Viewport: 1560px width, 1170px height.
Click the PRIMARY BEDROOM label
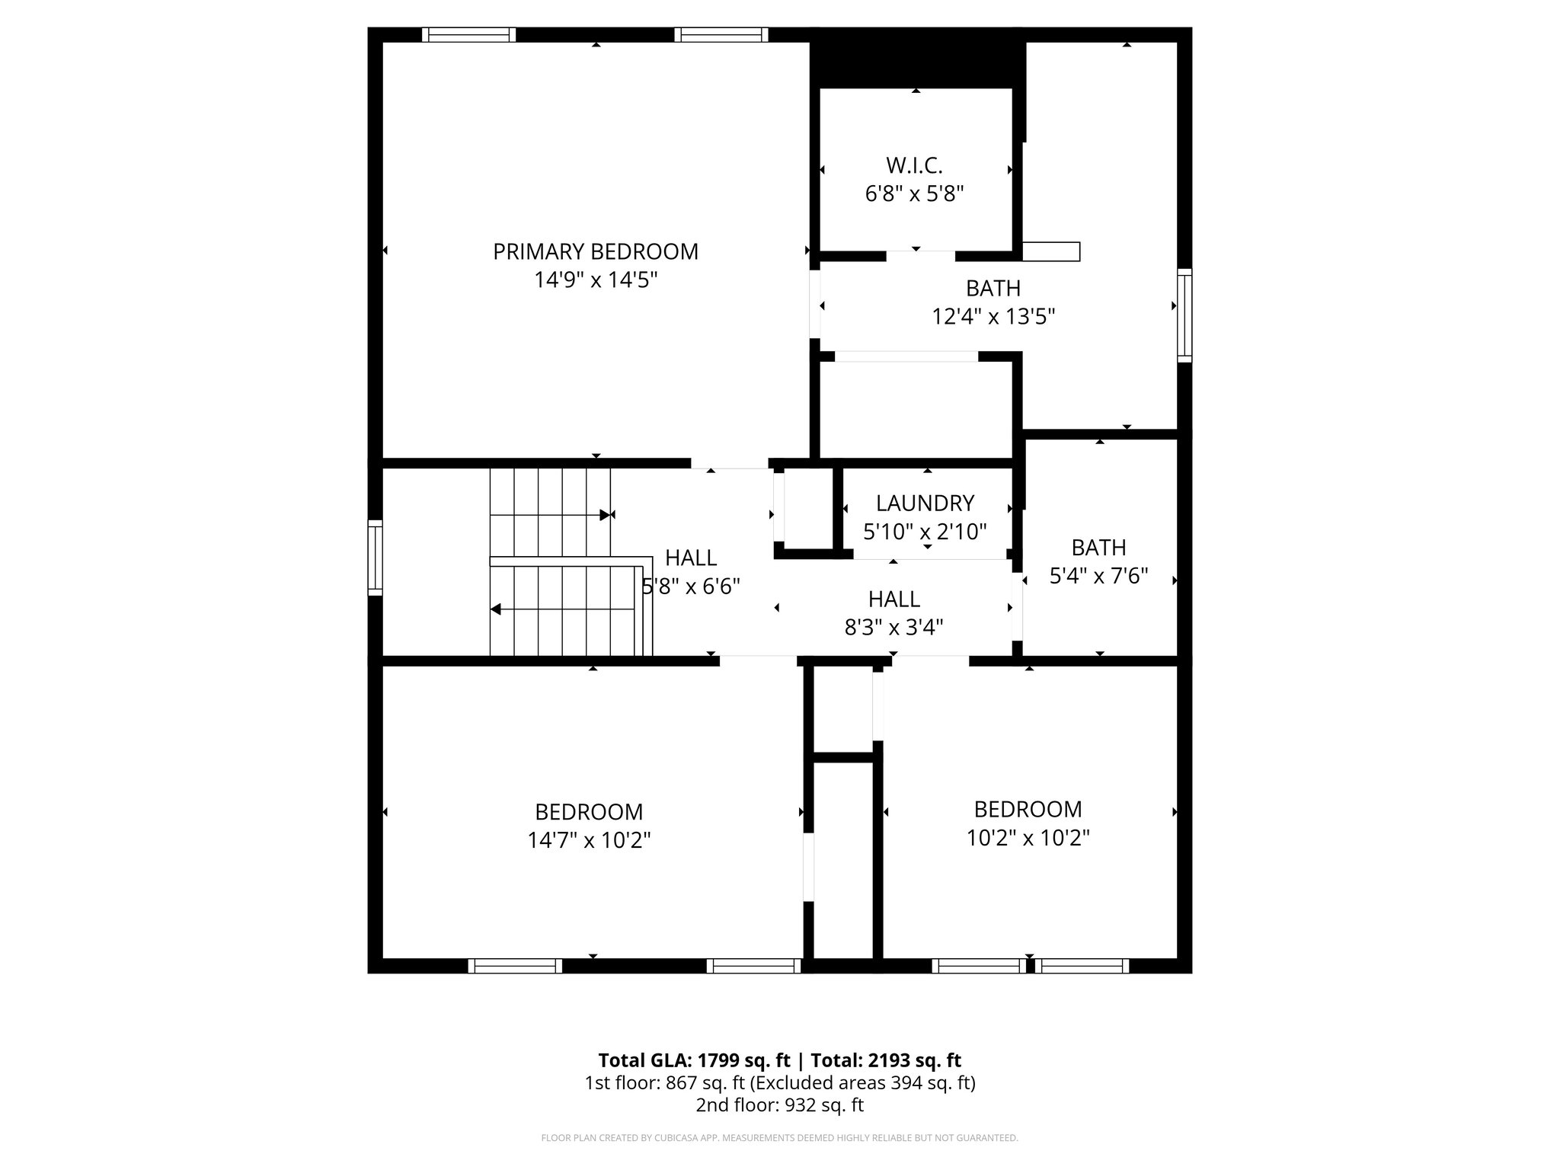pyautogui.click(x=595, y=251)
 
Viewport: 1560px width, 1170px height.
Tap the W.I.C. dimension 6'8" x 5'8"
pyautogui.click(x=914, y=193)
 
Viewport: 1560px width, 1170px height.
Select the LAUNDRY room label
pyautogui.click(x=925, y=503)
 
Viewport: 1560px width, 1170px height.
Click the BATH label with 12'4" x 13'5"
pyautogui.click(x=993, y=288)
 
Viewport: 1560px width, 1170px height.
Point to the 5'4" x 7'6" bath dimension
pyautogui.click(x=1098, y=576)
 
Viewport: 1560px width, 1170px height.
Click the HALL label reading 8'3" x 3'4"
pyautogui.click(x=893, y=599)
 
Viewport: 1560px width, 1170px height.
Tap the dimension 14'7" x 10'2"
pyautogui.click(x=589, y=840)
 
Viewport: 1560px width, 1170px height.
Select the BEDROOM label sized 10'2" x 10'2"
pyautogui.click(x=1028, y=809)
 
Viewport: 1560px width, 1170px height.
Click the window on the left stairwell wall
pyautogui.click(x=375, y=558)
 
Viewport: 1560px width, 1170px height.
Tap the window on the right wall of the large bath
pyautogui.click(x=1184, y=315)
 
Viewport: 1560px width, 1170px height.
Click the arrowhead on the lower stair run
pyautogui.click(x=496, y=609)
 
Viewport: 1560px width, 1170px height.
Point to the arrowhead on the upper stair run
pyautogui.click(x=605, y=515)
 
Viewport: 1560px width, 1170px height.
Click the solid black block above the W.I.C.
pyautogui.click(x=916, y=58)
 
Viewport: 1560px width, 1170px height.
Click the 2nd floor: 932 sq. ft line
pyautogui.click(x=779, y=1105)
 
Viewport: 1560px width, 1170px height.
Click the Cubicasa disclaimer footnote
pyautogui.click(x=779, y=1138)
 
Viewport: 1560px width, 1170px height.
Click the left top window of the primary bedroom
pyautogui.click(x=468, y=34)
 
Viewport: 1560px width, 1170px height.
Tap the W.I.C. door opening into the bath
pyautogui.click(x=920, y=254)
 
